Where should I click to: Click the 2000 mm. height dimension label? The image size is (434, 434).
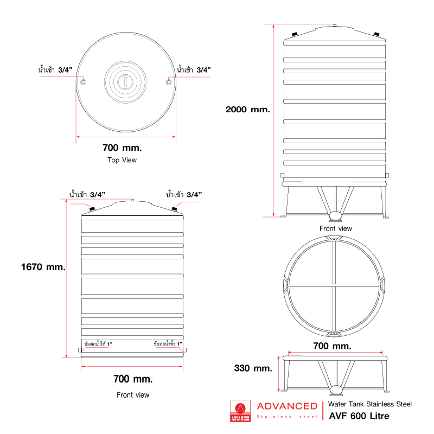(248, 109)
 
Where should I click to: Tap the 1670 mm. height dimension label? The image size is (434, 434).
(43, 267)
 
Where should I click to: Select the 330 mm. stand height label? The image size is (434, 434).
(253, 368)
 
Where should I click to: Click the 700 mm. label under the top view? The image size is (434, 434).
(122, 148)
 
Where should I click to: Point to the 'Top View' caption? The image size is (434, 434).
(122, 160)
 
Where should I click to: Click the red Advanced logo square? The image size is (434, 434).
(239, 411)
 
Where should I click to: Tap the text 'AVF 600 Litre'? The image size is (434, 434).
(359, 417)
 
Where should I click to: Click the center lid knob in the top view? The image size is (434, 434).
(125, 82)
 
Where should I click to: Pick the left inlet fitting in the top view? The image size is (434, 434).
(83, 82)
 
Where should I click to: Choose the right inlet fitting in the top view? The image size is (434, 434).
(169, 82)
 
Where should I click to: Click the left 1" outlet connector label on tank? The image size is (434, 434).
(98, 344)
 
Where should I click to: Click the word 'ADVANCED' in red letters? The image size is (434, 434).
(286, 406)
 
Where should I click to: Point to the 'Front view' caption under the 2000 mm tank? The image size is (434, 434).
(335, 228)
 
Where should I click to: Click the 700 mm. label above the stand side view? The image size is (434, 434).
(333, 346)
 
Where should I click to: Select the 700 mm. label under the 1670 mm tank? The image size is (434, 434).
(133, 378)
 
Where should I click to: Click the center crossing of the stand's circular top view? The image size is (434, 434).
(335, 285)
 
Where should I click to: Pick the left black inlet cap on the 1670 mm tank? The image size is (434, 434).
(92, 209)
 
